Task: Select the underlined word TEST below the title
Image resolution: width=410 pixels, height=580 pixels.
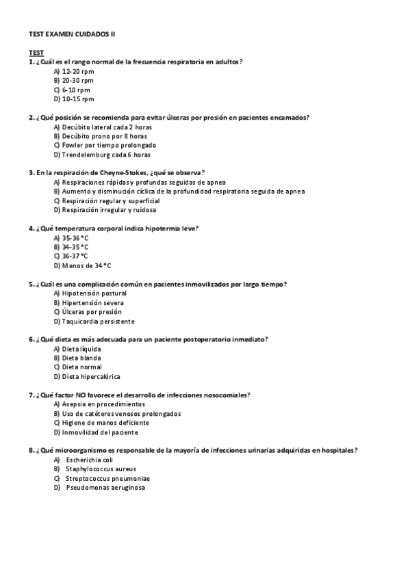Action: (x=36, y=52)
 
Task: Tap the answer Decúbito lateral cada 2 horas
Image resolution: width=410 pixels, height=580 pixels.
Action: (x=107, y=127)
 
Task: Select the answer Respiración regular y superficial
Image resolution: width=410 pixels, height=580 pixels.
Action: (x=110, y=201)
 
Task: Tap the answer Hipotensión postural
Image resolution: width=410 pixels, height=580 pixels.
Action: (x=94, y=293)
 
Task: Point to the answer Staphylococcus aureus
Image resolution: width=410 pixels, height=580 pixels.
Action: (x=101, y=469)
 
